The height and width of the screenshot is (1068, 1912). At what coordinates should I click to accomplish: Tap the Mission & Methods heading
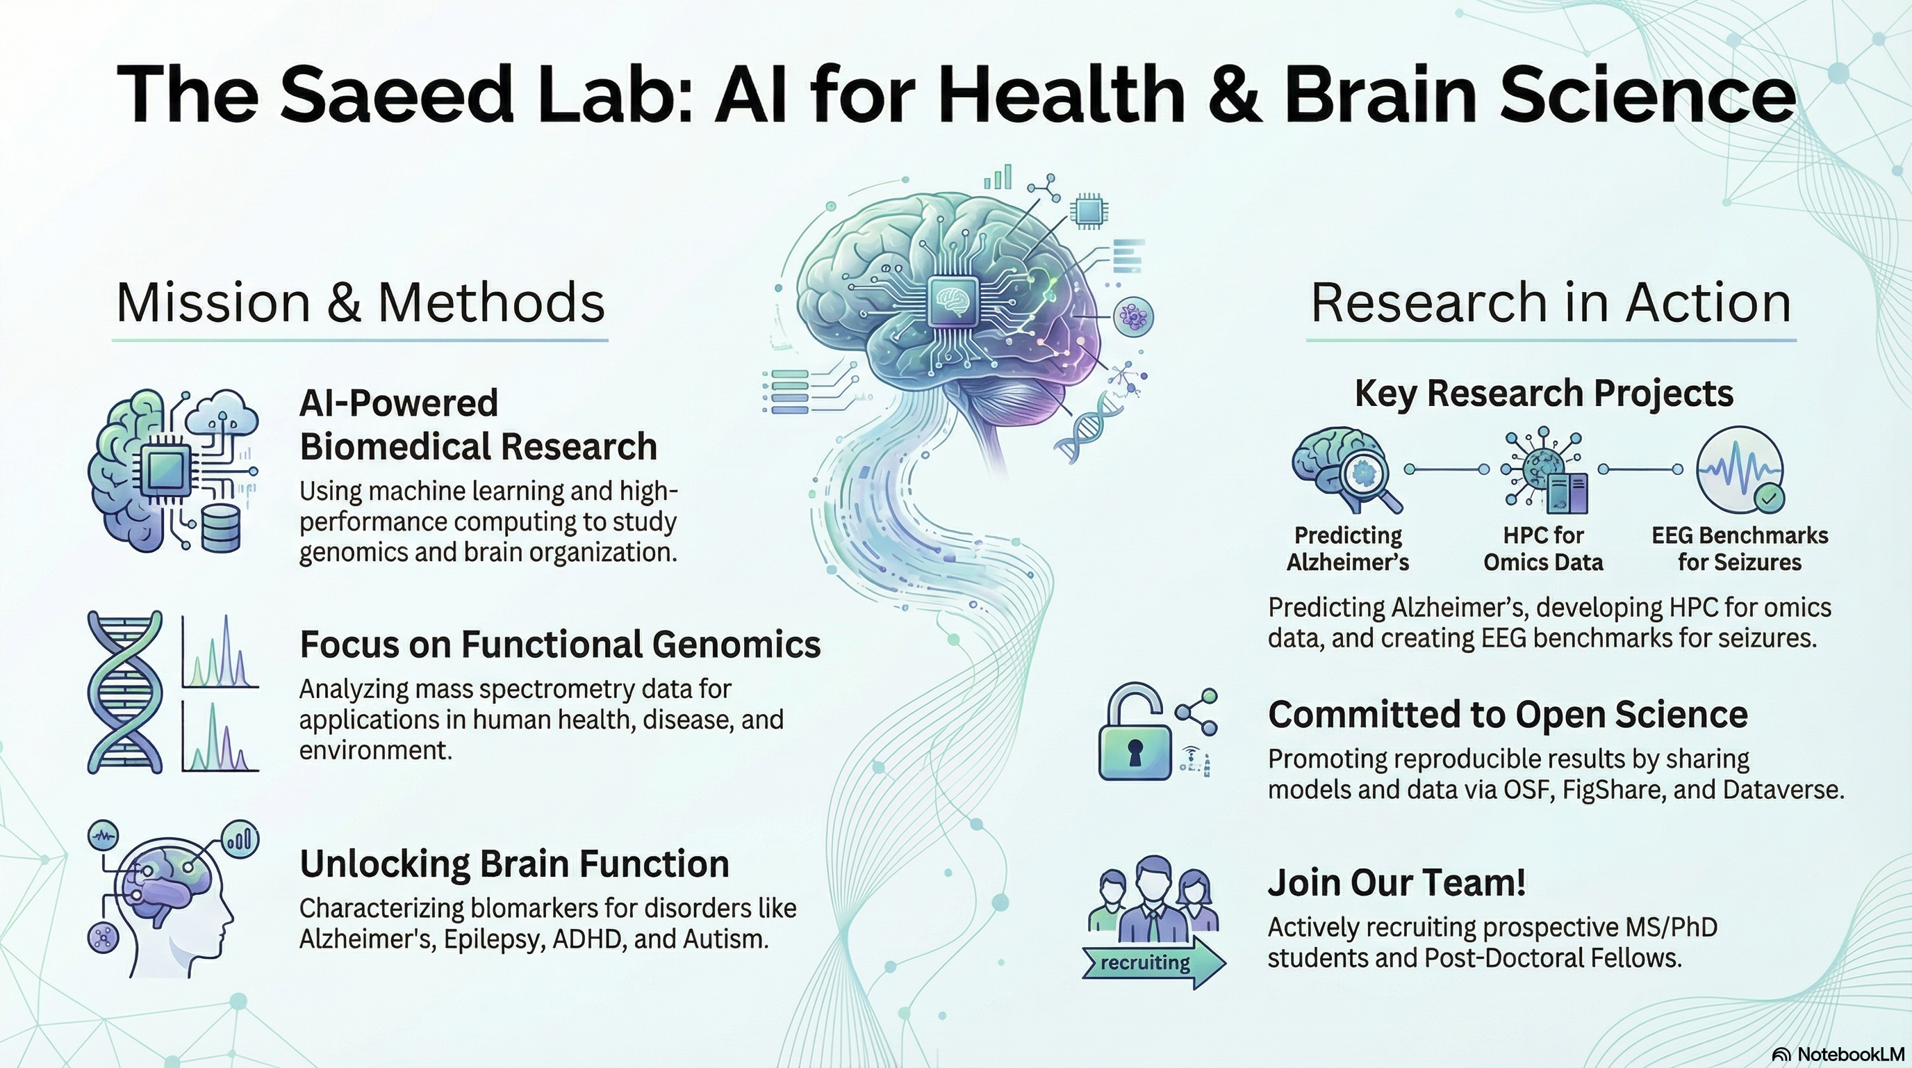(360, 302)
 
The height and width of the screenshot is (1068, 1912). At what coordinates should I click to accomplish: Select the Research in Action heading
(1551, 302)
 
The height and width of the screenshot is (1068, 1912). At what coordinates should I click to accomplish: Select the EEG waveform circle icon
(1738, 468)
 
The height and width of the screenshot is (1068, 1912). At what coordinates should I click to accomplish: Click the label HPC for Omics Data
(1543, 548)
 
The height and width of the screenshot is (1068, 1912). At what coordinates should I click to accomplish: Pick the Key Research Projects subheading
(1544, 393)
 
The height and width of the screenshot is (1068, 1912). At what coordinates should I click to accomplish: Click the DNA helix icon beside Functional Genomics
(124, 693)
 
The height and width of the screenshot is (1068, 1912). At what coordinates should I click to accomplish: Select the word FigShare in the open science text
(1606, 789)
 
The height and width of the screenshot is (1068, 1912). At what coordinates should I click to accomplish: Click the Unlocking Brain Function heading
(514, 864)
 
